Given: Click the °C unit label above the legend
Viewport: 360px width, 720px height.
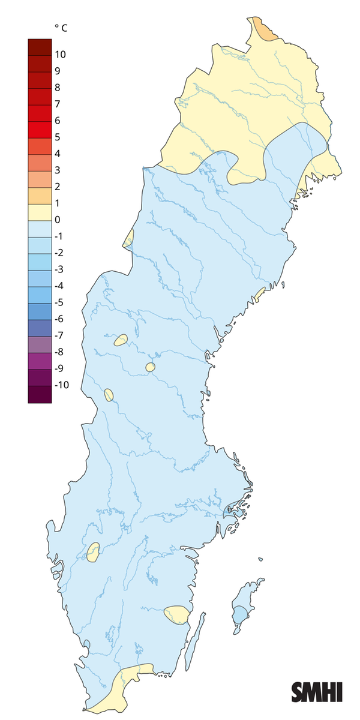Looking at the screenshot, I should [x=61, y=28].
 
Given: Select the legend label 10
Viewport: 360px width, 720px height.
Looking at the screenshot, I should [x=60, y=55].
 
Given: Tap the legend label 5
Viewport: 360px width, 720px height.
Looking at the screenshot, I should [x=57, y=137].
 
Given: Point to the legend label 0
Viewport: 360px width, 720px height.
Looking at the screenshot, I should [x=57, y=220].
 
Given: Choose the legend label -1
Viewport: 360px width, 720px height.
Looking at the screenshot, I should [x=58, y=236].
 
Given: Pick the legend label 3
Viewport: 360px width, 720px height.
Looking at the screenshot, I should [x=57, y=170].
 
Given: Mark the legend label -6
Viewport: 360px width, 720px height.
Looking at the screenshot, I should [x=58, y=319].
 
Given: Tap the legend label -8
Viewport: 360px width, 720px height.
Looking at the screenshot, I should [x=58, y=352].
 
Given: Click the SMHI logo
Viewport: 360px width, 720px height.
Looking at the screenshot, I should [x=317, y=692].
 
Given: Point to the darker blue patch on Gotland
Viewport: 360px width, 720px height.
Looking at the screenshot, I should [x=241, y=615].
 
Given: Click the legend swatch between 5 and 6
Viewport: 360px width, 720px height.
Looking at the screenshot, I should [x=40, y=129].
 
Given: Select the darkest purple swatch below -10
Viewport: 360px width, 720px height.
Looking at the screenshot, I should [x=40, y=394].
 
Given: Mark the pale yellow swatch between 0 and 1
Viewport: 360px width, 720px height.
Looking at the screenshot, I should [x=40, y=212].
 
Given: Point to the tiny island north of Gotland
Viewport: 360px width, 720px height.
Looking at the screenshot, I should [x=261, y=560].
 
